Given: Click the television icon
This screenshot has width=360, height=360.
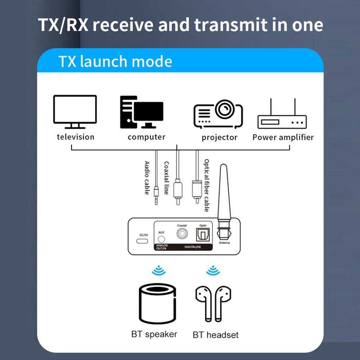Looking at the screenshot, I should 75,112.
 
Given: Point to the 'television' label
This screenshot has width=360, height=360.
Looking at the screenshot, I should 76,137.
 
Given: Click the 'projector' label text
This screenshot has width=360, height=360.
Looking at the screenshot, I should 220,137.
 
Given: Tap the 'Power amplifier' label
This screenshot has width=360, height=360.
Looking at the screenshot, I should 283,137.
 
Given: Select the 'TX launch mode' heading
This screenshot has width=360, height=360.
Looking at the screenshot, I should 115,62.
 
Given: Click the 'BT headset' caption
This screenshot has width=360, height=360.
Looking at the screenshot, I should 215,335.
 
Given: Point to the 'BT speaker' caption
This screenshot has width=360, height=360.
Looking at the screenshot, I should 154,334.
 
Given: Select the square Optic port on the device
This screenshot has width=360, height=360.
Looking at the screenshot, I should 203,235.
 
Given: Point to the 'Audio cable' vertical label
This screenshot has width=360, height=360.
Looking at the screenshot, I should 147,177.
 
